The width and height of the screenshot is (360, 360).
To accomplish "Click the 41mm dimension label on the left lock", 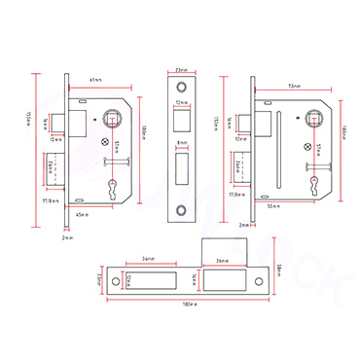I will point(95,78).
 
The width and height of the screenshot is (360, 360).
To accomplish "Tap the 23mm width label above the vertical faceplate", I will point(181,69).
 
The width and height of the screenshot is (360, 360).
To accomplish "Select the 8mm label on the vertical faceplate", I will point(182,144).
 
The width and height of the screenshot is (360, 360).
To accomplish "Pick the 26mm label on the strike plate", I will point(222,261).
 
